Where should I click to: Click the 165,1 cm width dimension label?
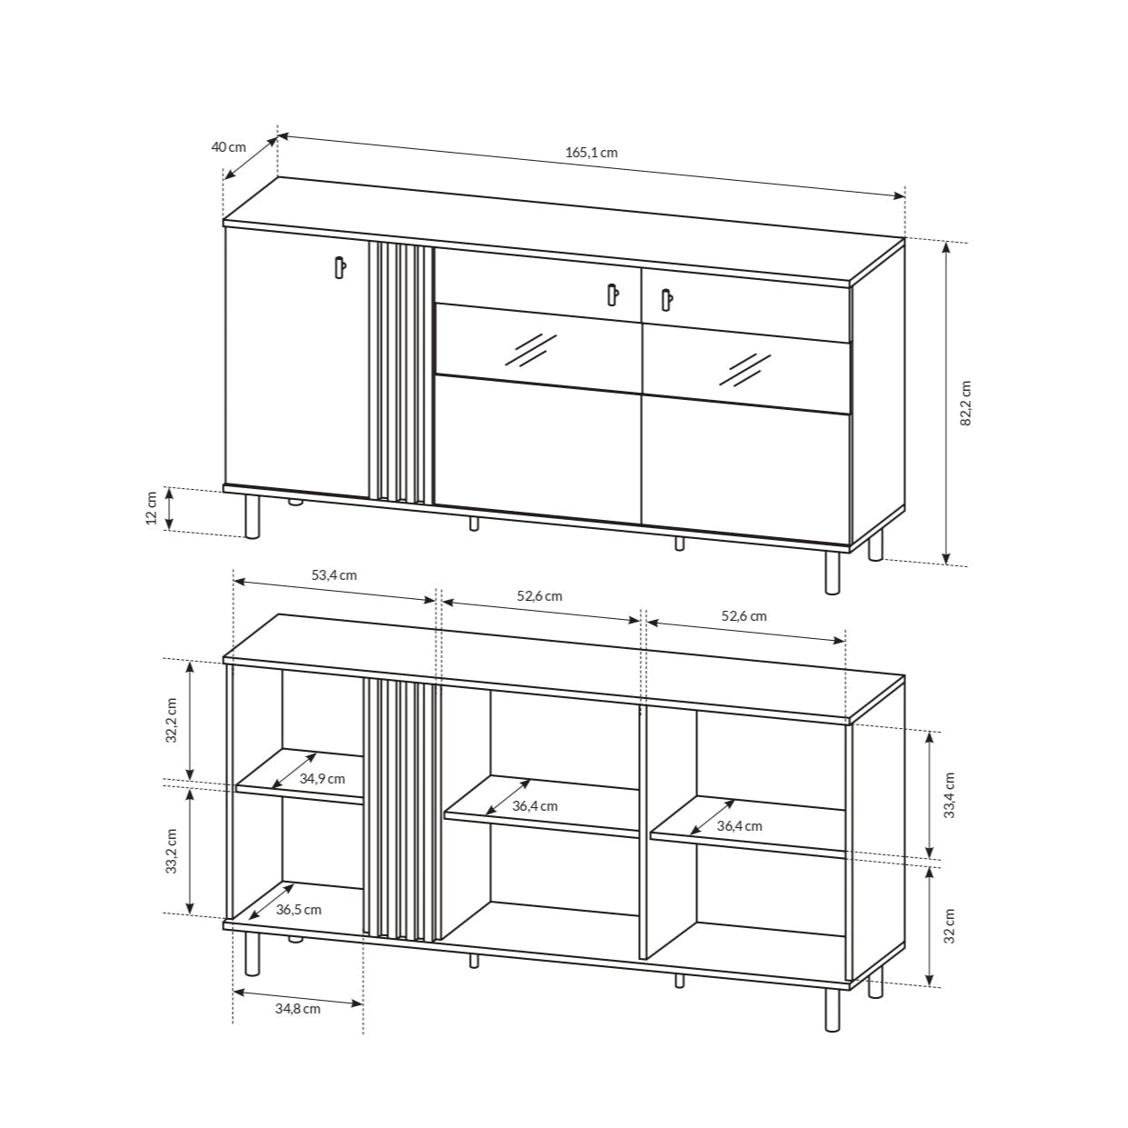pos(592,153)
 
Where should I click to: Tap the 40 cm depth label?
pos(228,147)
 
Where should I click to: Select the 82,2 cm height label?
pos(966,402)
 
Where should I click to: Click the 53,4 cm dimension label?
pos(334,575)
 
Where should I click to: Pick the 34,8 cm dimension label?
pos(297,1007)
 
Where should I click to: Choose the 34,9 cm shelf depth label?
pos(323,779)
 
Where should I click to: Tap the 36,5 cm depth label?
pos(299,910)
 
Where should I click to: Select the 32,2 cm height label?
pos(171,719)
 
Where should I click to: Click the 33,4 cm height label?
pos(949,795)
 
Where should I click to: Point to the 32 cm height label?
pos(949,926)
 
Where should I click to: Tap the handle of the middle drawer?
pos(612,295)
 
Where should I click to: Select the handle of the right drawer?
pos(666,299)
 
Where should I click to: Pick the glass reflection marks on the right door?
pos(743,366)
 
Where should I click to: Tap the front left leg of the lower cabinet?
pos(253,953)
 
